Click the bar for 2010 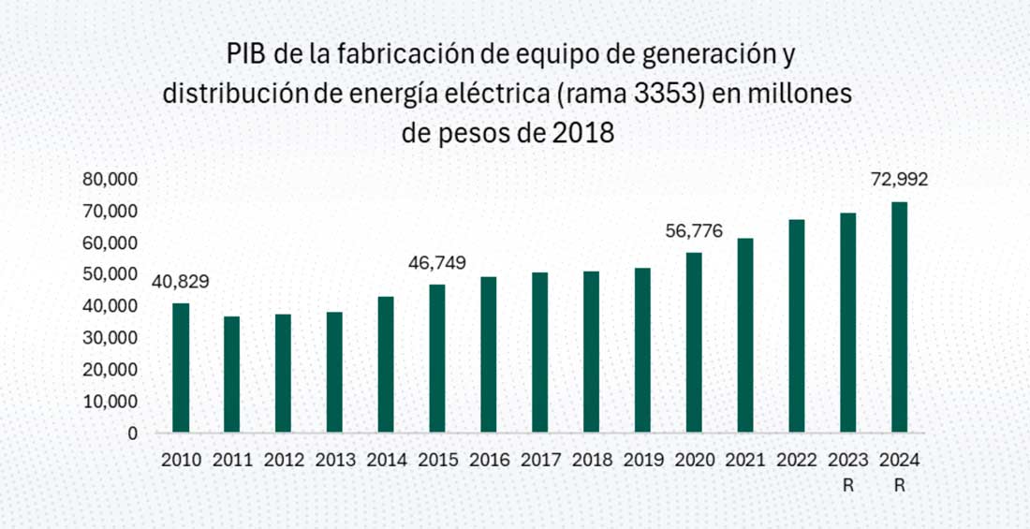[x=181, y=368]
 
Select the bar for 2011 [x=231, y=375]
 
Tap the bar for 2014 [x=386, y=365]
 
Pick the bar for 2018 [x=591, y=352]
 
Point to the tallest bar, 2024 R [x=899, y=317]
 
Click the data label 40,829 [x=180, y=282]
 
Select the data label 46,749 [x=436, y=263]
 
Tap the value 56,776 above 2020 [x=694, y=231]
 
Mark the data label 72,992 [x=899, y=180]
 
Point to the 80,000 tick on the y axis [x=111, y=179]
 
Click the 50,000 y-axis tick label [x=111, y=274]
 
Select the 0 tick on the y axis [x=132, y=433]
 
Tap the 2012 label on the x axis [x=283, y=461]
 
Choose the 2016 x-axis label [x=489, y=461]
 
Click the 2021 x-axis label [x=745, y=461]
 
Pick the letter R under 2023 [x=848, y=486]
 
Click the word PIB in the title [x=248, y=53]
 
